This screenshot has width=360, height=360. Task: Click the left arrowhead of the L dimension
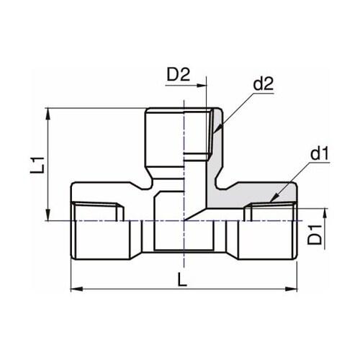[75, 290]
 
